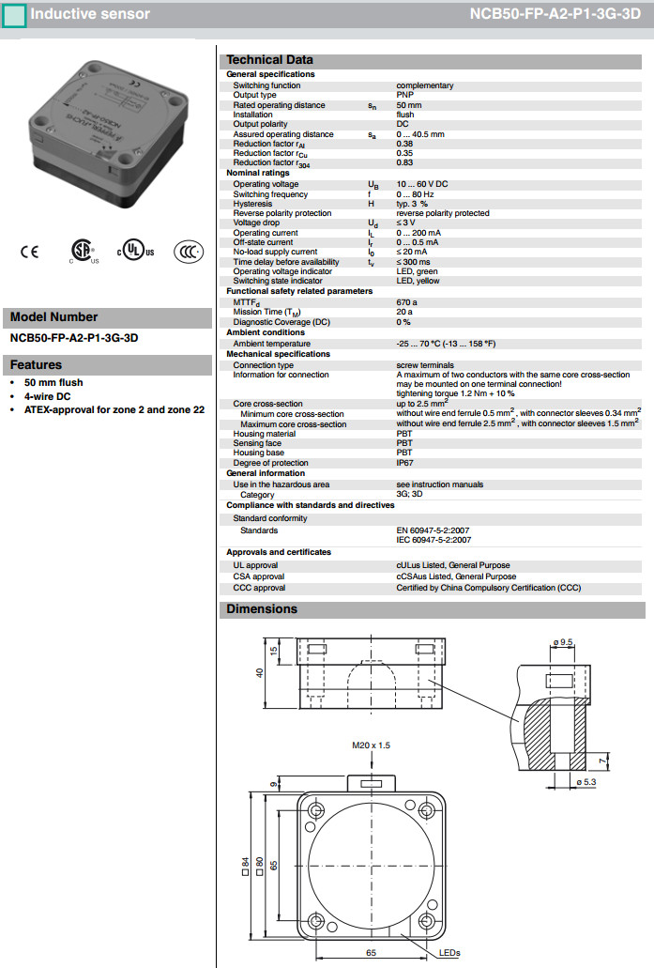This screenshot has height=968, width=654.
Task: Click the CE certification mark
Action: [x=30, y=252]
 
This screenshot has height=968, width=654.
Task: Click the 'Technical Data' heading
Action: [x=270, y=60]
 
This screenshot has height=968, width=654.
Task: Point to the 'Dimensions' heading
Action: [x=262, y=609]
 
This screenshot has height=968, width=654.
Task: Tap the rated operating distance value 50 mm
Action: [x=409, y=105]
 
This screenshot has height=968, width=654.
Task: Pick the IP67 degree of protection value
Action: [x=404, y=462]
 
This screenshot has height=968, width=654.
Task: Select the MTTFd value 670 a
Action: [x=406, y=302]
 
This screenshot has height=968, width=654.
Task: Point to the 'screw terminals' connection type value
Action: [x=426, y=365]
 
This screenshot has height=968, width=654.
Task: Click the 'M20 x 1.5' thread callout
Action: [x=371, y=745]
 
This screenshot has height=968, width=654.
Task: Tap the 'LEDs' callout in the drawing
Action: [x=449, y=953]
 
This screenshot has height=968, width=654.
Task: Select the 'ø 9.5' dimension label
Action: [x=564, y=641]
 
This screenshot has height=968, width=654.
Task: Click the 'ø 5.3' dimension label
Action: [x=585, y=781]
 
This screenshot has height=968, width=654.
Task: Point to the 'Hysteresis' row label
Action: [x=252, y=204]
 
